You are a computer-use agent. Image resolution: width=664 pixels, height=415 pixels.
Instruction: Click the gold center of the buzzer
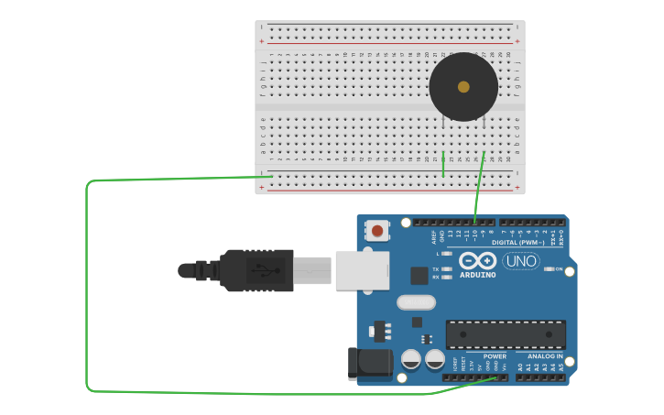(x=463, y=87)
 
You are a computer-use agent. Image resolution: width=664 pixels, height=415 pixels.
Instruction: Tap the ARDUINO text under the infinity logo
(x=477, y=275)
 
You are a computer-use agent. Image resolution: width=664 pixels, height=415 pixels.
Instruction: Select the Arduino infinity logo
(x=477, y=260)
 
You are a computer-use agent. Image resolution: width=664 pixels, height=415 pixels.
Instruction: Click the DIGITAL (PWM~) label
(x=518, y=243)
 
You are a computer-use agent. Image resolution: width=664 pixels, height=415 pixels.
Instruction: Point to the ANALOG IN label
(x=545, y=355)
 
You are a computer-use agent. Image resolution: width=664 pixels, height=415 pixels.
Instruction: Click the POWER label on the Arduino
(x=495, y=355)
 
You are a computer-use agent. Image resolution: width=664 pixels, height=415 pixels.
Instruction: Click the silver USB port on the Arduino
(x=362, y=270)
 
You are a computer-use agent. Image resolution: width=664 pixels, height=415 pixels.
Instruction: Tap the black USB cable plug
(x=256, y=270)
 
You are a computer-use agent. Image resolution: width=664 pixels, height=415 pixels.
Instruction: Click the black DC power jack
(x=369, y=363)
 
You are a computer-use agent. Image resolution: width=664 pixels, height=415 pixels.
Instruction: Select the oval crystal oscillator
(x=417, y=302)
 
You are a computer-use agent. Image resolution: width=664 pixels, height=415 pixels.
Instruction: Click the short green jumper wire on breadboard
(x=443, y=164)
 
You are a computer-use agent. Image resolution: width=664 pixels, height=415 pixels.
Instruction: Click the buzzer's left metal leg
(x=443, y=122)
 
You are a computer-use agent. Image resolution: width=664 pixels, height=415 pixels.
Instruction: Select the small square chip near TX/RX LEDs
(x=419, y=275)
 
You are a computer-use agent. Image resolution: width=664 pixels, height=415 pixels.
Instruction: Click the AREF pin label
(x=434, y=237)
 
